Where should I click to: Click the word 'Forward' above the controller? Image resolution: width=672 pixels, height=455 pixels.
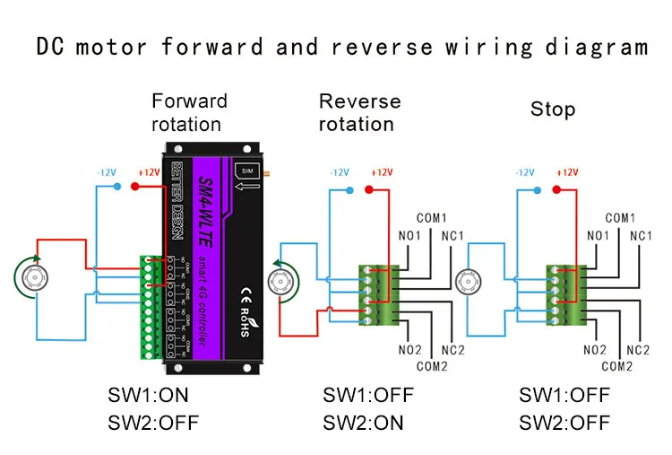click(x=189, y=101)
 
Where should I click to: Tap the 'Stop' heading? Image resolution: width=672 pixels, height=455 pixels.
click(x=553, y=109)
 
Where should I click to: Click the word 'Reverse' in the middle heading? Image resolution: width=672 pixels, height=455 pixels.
click(x=359, y=101)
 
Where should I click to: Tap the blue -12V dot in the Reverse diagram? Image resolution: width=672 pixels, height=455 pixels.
click(x=349, y=190)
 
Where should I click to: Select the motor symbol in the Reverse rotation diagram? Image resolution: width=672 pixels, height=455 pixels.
click(x=291, y=280)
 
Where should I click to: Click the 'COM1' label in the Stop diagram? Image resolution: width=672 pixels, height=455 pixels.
click(x=620, y=218)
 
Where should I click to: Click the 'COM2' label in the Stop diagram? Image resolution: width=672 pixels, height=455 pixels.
click(x=616, y=366)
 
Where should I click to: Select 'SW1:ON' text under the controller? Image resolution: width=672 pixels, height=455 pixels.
click(x=148, y=396)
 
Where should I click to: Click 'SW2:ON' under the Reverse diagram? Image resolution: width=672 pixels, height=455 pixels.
click(x=363, y=423)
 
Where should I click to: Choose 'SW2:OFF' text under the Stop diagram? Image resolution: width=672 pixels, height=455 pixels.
click(x=564, y=423)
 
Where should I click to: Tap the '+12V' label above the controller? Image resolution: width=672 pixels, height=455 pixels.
click(x=148, y=171)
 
